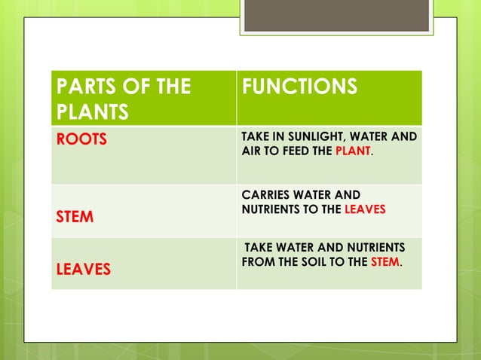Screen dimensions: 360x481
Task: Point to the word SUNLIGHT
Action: point(312,138)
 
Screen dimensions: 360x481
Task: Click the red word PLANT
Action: point(354,151)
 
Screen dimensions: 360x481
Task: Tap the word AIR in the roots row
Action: point(250,151)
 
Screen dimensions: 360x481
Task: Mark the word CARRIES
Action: point(265,194)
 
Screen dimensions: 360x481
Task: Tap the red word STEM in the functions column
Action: point(385,263)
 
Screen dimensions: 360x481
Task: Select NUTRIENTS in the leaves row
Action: point(369,249)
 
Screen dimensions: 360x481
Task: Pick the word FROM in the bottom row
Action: point(257,263)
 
